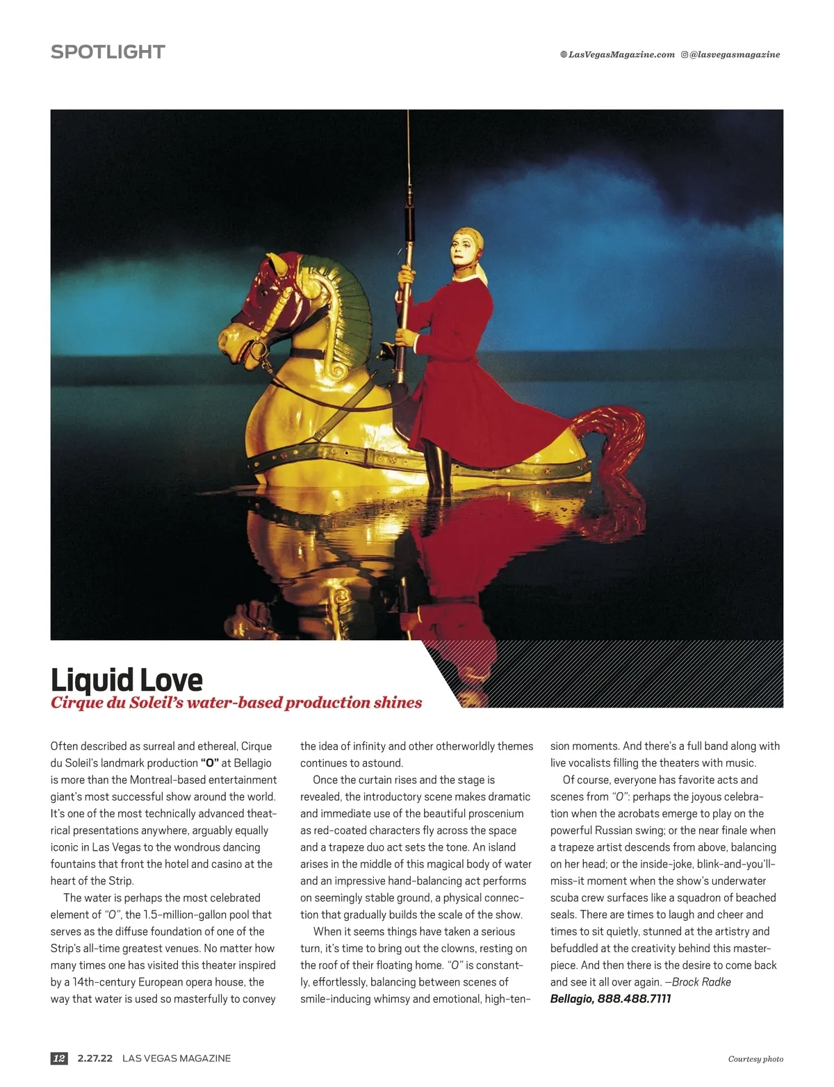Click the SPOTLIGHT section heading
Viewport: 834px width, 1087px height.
(108, 52)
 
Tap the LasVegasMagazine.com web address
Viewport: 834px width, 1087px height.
(621, 55)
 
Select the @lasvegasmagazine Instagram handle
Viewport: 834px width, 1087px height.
(735, 55)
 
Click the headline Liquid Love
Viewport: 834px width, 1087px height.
(126, 680)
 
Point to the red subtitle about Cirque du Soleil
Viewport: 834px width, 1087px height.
(236, 703)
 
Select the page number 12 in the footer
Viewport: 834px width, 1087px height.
(59, 1059)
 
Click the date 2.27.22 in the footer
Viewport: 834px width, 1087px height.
(95, 1059)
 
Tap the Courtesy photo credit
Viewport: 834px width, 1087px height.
(755, 1059)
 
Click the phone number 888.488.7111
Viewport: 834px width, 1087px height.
(634, 999)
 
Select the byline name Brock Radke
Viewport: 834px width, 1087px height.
(701, 982)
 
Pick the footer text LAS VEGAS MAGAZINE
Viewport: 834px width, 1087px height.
(177, 1059)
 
